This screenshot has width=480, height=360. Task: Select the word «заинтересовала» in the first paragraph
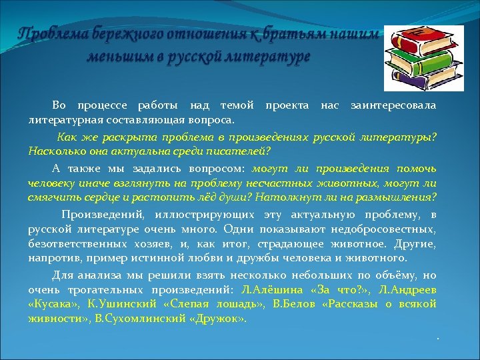click(x=393, y=106)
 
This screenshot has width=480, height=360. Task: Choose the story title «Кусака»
click(x=52, y=304)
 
